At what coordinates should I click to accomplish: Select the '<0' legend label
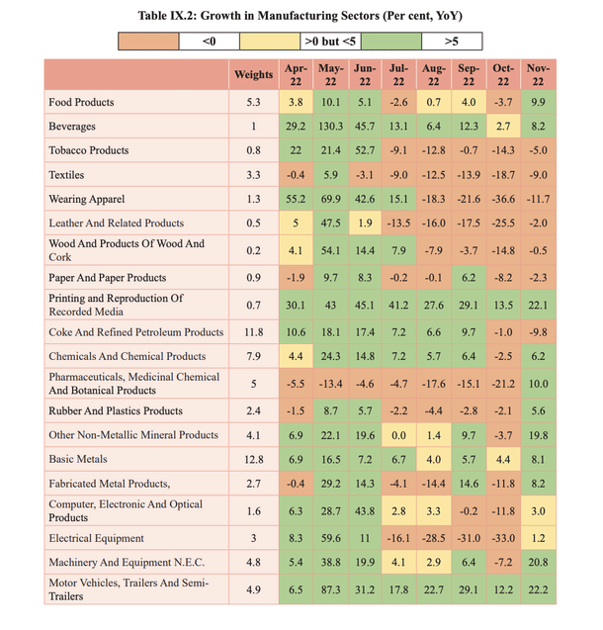(208, 42)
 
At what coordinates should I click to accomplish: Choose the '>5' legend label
(451, 42)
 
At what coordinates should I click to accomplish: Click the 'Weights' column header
(253, 75)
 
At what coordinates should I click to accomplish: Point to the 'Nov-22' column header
(538, 75)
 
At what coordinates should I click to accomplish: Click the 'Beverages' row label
(72, 127)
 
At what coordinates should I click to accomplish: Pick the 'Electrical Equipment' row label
(99, 539)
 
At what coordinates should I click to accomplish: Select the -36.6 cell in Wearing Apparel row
(503, 199)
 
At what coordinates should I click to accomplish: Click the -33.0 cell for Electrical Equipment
(503, 539)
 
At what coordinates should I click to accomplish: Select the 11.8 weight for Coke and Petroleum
(253, 332)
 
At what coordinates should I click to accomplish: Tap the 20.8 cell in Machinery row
(538, 564)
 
